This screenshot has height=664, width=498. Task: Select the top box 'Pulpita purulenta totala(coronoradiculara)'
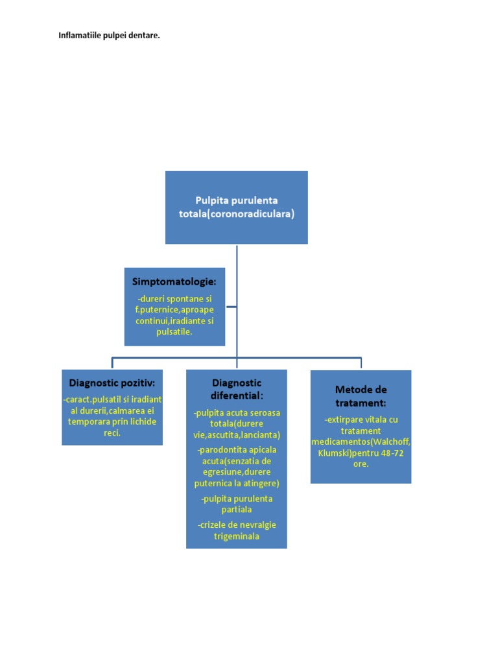pyautogui.click(x=236, y=207)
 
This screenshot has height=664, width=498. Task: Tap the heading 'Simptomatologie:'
pyautogui.click(x=174, y=282)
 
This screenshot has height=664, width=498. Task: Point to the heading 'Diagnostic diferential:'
pyautogui.click(x=237, y=389)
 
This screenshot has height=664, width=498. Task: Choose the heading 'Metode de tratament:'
pyautogui.click(x=361, y=396)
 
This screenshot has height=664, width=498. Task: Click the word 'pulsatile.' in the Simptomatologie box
pyautogui.click(x=174, y=331)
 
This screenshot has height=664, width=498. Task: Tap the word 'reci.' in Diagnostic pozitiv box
pyautogui.click(x=112, y=433)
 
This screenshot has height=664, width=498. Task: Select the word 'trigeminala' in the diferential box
pyautogui.click(x=237, y=536)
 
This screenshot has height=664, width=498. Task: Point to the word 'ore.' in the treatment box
pyautogui.click(x=361, y=464)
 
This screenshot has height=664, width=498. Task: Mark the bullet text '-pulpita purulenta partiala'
pyautogui.click(x=237, y=504)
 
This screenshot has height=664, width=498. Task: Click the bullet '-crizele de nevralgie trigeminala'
pyautogui.click(x=237, y=530)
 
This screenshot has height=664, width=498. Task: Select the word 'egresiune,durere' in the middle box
pyautogui.click(x=237, y=472)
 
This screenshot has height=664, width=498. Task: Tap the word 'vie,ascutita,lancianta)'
pyautogui.click(x=237, y=435)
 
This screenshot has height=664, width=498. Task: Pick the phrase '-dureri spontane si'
pyautogui.click(x=174, y=298)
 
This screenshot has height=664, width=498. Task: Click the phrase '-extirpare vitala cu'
pyautogui.click(x=361, y=420)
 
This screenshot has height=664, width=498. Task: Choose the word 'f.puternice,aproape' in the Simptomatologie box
pyautogui.click(x=174, y=309)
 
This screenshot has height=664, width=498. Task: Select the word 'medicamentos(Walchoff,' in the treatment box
pyautogui.click(x=361, y=442)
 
